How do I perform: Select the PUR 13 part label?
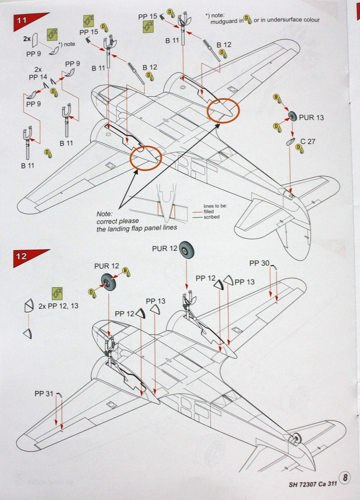point(311,118)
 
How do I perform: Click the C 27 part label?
point(308,142)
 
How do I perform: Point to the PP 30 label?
point(259,263)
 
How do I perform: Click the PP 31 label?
point(44,394)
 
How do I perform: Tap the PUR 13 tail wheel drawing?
point(292,117)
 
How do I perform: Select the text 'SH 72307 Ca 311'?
point(314,483)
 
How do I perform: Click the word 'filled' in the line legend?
point(208,211)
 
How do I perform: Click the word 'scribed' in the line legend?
point(211,217)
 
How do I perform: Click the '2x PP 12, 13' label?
point(59,306)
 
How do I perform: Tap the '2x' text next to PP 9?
point(27,39)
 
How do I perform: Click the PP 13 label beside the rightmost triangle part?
point(245,282)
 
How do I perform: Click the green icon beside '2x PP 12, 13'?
point(57,293)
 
